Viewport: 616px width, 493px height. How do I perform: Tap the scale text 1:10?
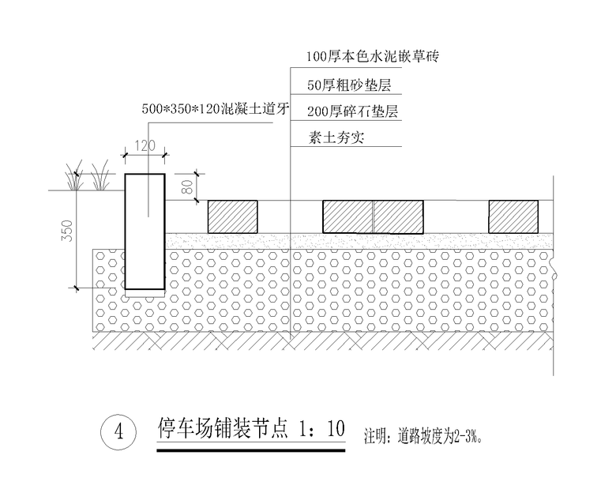tap(323, 430)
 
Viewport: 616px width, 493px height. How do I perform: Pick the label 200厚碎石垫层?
tap(353, 111)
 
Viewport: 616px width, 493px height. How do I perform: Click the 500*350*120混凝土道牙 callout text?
tap(211, 110)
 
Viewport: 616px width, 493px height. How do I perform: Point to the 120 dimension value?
tap(145, 145)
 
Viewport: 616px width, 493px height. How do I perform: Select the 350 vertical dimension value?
tap(67, 231)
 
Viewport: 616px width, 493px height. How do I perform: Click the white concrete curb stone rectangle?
tap(145, 231)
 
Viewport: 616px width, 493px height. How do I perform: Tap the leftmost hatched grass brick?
tap(232, 216)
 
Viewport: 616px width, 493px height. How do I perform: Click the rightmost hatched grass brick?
tap(513, 216)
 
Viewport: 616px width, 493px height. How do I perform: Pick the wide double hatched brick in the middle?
tap(373, 216)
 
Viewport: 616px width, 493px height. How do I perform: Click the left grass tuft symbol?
tap(74, 177)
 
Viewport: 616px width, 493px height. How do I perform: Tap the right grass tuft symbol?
tap(100, 177)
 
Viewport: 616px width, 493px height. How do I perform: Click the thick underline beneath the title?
tap(251, 452)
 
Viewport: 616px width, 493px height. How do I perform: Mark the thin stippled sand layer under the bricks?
tap(355, 240)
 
